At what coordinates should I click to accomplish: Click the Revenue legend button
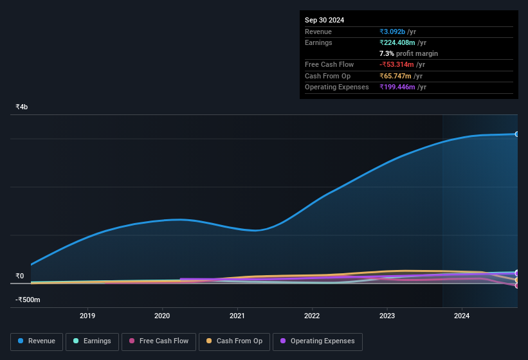click(x=37, y=341)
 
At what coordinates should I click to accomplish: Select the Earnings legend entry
click(x=92, y=341)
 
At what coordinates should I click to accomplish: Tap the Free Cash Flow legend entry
click(x=159, y=341)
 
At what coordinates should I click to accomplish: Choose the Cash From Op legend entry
click(x=234, y=341)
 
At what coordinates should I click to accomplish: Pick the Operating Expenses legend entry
click(x=317, y=341)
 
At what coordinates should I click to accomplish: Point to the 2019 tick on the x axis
click(x=87, y=316)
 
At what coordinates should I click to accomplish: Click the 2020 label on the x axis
click(x=162, y=316)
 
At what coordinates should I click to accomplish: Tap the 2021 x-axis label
click(x=237, y=316)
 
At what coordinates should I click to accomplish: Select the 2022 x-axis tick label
click(x=312, y=316)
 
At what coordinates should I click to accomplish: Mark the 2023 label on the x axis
click(x=387, y=316)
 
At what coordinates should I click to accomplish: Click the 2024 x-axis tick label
click(x=462, y=316)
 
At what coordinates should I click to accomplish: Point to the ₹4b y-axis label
click(x=22, y=107)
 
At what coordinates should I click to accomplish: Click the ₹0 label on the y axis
click(x=20, y=276)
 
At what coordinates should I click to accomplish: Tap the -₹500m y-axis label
click(x=28, y=300)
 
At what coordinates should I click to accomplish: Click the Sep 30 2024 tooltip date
click(x=324, y=20)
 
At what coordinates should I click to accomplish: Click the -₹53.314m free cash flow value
click(x=397, y=65)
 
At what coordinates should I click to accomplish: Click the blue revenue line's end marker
click(x=516, y=134)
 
